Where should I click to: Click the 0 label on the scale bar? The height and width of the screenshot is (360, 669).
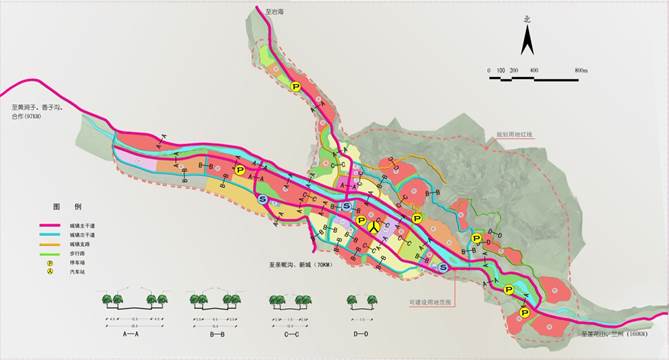pyautogui.click(x=489, y=70)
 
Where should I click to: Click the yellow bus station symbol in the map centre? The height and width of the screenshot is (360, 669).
pyautogui.click(x=372, y=226)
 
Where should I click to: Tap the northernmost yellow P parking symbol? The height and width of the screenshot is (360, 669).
pyautogui.click(x=295, y=88)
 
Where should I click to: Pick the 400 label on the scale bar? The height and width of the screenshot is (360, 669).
pyautogui.click(x=534, y=70)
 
